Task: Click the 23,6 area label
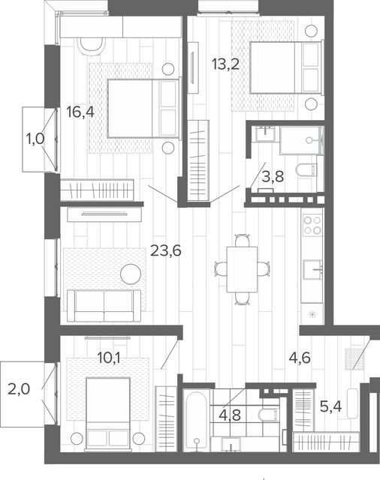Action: coord(166,251)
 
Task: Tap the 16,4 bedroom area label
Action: coord(80,112)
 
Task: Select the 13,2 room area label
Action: coord(225,64)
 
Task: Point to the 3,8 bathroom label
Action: coord(273,177)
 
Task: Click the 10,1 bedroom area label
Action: coord(108,358)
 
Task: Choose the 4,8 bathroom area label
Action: coord(230,415)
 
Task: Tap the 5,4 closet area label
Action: coord(330,406)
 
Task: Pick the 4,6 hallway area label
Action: coord(300,358)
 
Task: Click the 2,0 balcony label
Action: coord(19,389)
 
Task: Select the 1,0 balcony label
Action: coord(35,139)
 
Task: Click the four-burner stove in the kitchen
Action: coord(312,225)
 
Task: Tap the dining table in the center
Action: coord(242,269)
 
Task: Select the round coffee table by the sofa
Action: coord(131,274)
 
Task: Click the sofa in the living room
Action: coord(104,305)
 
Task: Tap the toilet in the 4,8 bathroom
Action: coord(269,415)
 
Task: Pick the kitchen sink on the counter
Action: coord(312,269)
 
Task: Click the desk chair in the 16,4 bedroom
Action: coord(91,46)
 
